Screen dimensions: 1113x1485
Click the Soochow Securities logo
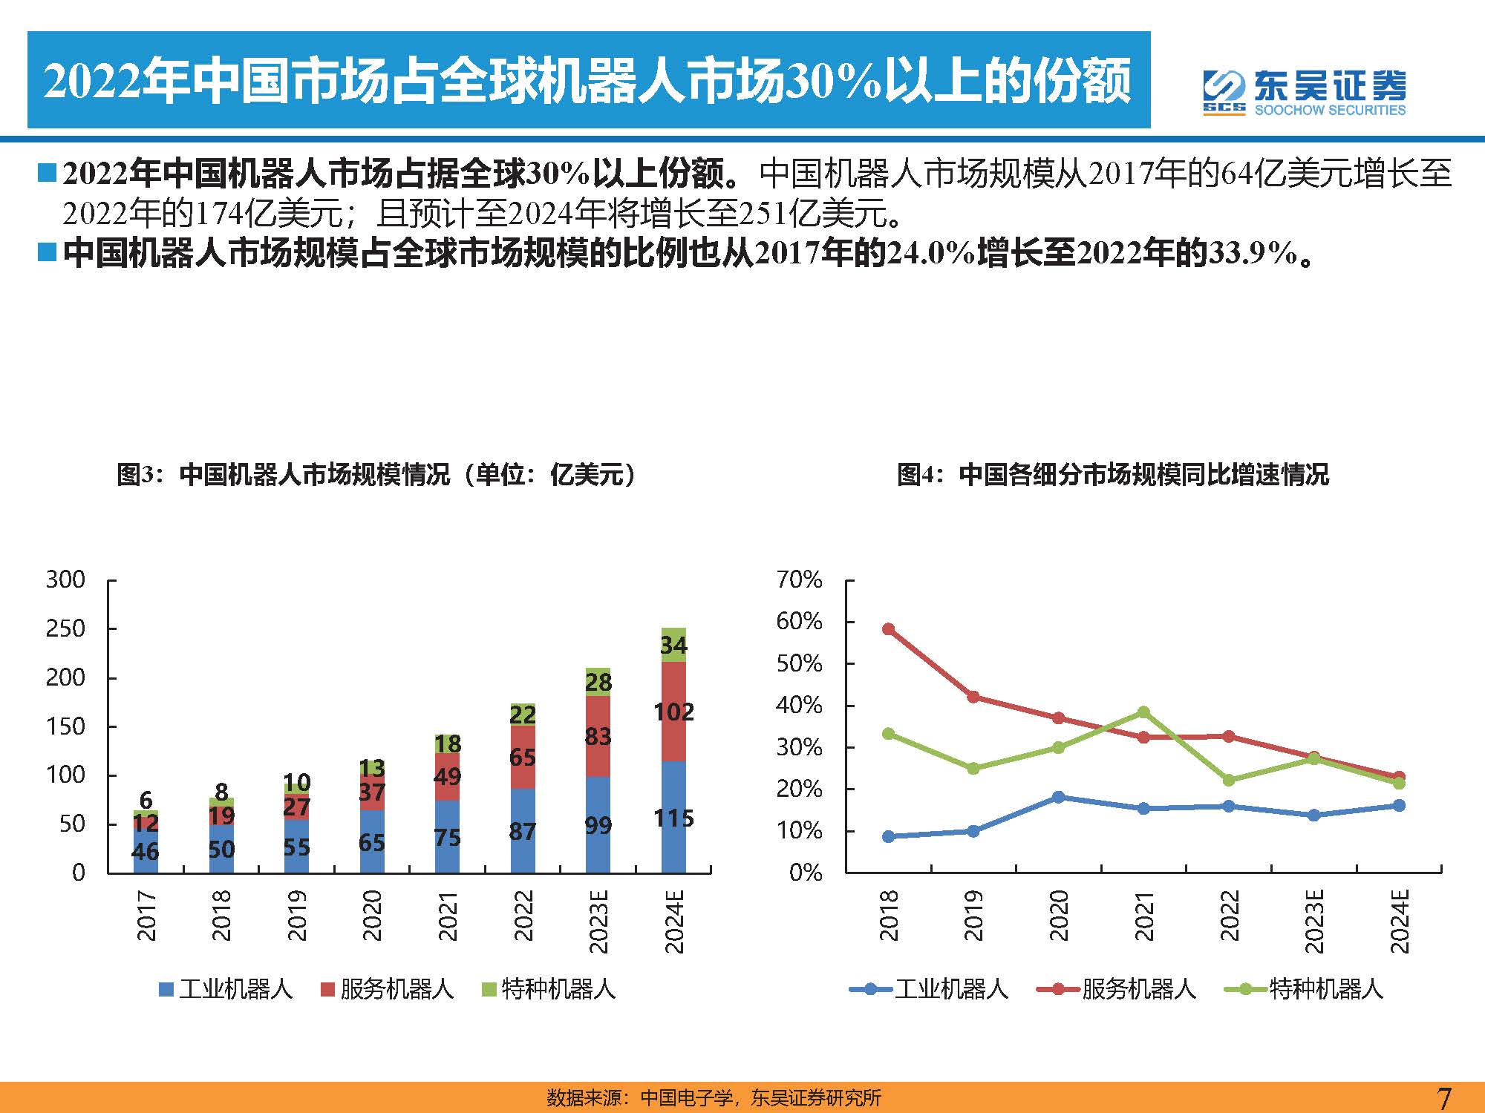(1304, 93)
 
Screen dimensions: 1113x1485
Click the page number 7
(1443, 1097)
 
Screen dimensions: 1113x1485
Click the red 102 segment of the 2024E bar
(673, 712)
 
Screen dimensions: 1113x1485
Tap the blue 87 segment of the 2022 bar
(523, 831)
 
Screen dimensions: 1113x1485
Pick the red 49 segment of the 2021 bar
(447, 777)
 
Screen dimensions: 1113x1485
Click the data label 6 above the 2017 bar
(146, 800)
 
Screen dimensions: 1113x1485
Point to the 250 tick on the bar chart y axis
(65, 629)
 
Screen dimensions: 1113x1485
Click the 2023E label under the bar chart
(598, 922)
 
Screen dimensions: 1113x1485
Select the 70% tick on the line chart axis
(799, 580)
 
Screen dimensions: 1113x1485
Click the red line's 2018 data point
(888, 629)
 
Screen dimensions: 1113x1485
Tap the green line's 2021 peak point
(1143, 712)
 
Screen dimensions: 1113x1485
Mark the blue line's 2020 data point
(1058, 797)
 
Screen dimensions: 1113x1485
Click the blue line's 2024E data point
(1399, 805)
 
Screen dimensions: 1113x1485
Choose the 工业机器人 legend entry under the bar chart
(226, 989)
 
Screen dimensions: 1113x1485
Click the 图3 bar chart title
(376, 474)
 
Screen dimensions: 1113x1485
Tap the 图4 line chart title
(1112, 474)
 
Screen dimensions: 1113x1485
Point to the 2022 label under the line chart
(1230, 916)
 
